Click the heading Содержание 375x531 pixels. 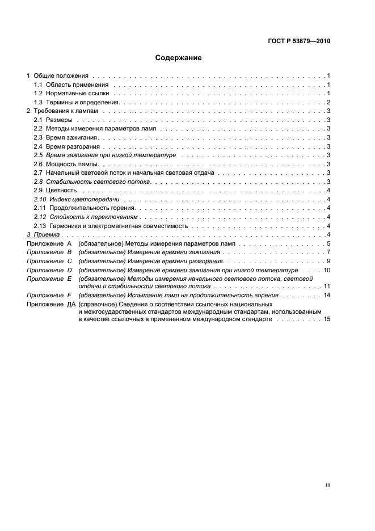coord(179,58)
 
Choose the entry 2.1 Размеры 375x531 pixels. coord(53,120)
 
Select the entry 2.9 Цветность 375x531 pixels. coord(56,189)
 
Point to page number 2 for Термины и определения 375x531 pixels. coord(328,102)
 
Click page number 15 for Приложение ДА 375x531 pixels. coord(326,320)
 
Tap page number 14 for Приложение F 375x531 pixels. coord(326,296)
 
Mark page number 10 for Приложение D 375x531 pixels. coord(326,270)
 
